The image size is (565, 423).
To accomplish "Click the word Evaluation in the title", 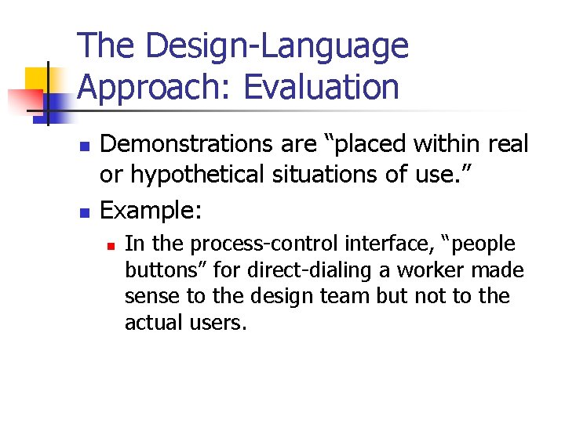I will (x=321, y=87).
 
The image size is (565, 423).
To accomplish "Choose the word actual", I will (x=152, y=323).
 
